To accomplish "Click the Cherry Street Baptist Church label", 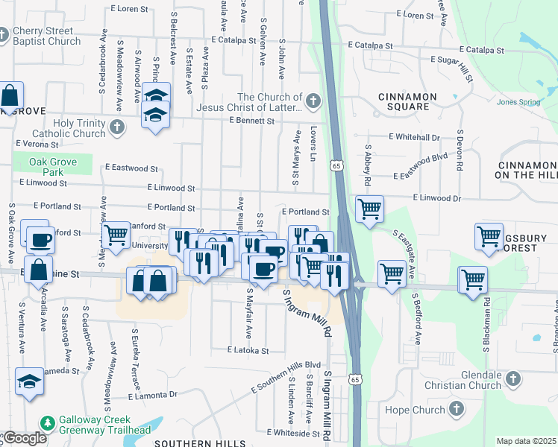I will tap(46, 36).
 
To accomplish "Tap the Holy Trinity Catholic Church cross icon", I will tap(116, 128).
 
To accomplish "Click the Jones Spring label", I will tap(517, 102).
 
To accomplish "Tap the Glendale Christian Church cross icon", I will tap(512, 379).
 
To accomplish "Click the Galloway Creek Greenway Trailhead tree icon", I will tap(48, 423).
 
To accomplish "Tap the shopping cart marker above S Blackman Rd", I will tap(489, 236).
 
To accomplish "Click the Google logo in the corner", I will tap(24, 438).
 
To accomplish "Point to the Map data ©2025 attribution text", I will tap(525, 441).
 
